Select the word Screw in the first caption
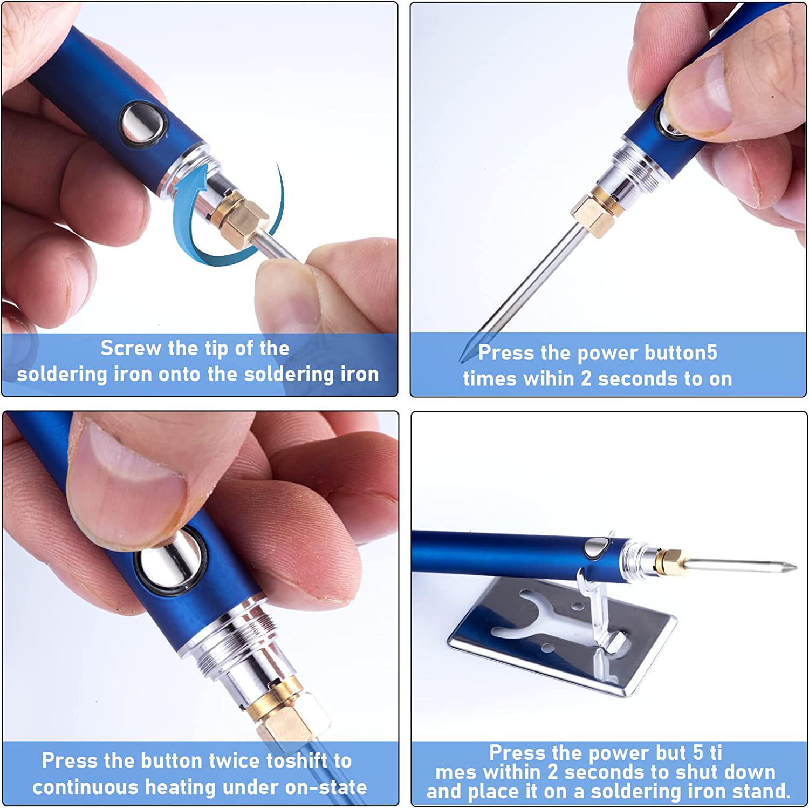(131, 348)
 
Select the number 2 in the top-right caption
(586, 379)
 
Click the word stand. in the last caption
(759, 791)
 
